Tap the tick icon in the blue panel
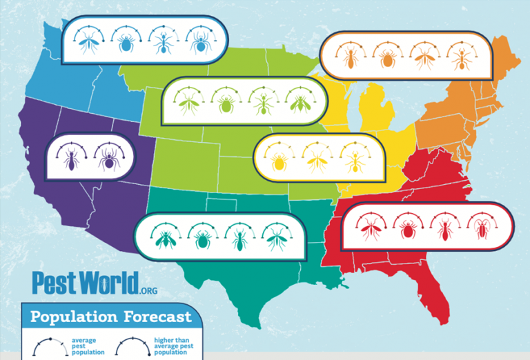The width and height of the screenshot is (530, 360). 126,43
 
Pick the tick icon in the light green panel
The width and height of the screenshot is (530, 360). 225,105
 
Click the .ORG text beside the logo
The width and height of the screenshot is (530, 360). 148,291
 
